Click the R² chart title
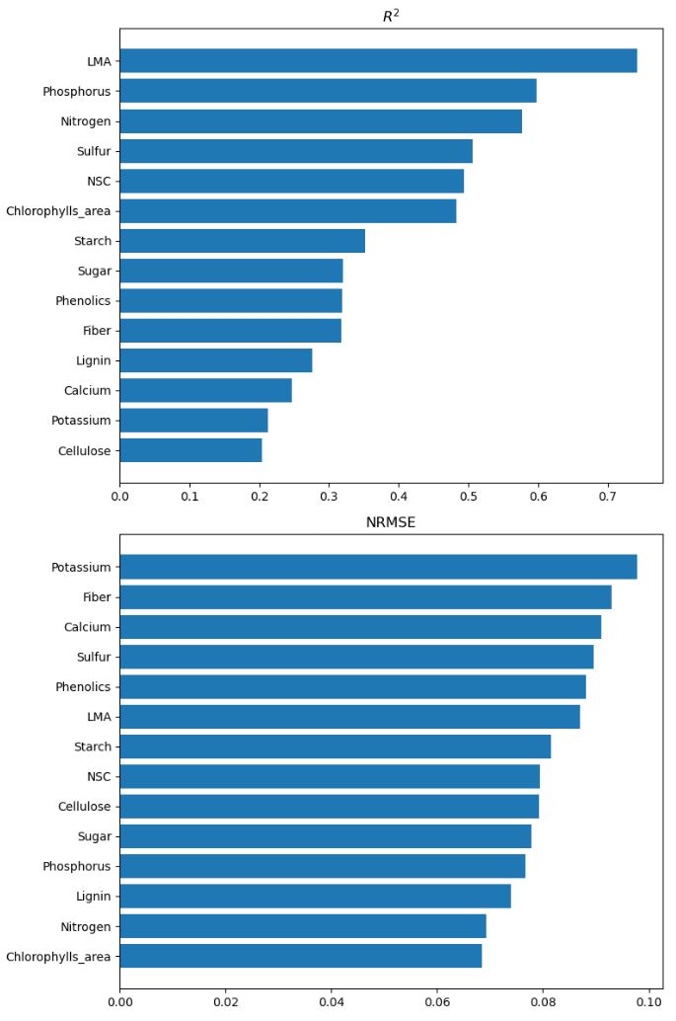391,16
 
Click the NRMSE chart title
391,522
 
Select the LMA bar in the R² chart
378,61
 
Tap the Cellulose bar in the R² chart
190,450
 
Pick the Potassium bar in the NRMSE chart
378,567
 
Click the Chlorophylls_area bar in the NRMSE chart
301,956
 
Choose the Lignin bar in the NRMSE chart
315,896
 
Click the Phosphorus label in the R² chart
77,91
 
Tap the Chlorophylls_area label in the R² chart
59,210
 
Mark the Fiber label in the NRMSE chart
96,596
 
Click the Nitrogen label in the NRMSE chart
86,926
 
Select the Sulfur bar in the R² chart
296,151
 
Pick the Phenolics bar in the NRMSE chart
352,686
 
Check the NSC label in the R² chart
99,181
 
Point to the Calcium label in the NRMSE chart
88,626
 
